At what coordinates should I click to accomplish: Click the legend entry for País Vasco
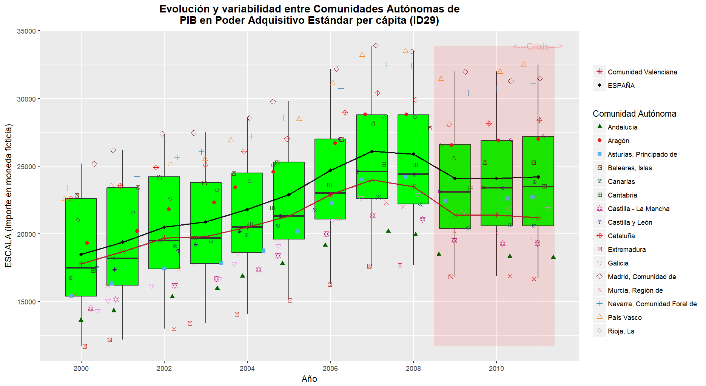624,318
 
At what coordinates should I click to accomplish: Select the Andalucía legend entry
622,127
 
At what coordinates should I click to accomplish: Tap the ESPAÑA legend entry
621,86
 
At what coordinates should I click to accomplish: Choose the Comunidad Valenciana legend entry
642,72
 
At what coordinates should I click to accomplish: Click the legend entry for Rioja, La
621,331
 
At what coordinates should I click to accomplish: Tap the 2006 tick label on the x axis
330,369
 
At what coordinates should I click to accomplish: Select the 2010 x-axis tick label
496,369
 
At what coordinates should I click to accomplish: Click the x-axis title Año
309,379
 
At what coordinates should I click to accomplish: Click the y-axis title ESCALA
9,196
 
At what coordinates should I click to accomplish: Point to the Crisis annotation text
538,46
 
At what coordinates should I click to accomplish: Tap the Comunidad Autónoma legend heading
634,114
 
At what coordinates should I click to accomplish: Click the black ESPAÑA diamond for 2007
372,151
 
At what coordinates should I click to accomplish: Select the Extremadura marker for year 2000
85,346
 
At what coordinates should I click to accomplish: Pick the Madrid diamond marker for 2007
376,46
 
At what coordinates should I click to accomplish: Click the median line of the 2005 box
289,216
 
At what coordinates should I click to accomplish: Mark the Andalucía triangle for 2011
553,257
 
